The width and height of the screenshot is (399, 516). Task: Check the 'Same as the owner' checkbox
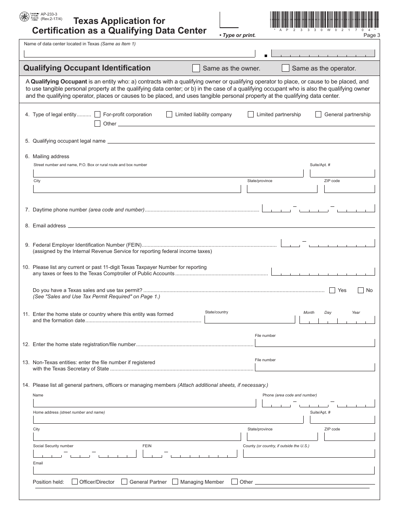pyautogui.click(x=196, y=68)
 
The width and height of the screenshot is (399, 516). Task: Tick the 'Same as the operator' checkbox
pyautogui.click(x=286, y=68)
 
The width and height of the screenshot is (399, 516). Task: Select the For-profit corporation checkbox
pyautogui.click(x=97, y=114)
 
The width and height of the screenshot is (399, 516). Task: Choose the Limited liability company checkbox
pyautogui.click(x=169, y=114)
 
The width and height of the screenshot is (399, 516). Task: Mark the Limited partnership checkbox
pyautogui.click(x=251, y=114)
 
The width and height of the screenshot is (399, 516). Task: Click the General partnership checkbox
pyautogui.click(x=318, y=114)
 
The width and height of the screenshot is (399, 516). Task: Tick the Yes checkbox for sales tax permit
pyautogui.click(x=332, y=290)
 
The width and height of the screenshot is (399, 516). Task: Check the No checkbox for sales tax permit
pyautogui.click(x=360, y=290)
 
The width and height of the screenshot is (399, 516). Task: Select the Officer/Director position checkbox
pyautogui.click(x=75, y=482)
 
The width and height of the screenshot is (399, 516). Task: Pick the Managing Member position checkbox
pyautogui.click(x=175, y=482)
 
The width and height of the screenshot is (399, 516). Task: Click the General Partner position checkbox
pyautogui.click(x=124, y=482)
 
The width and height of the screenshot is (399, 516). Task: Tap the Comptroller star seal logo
pyautogui.click(x=24, y=17)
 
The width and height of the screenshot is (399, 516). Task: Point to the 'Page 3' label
pyautogui.click(x=371, y=35)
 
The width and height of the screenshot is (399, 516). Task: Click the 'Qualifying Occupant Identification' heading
pyautogui.click(x=87, y=68)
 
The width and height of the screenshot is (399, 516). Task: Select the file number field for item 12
pyautogui.click(x=315, y=343)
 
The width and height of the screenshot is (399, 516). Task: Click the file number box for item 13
pyautogui.click(x=315, y=367)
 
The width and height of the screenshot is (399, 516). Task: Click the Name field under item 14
pyautogui.click(x=144, y=403)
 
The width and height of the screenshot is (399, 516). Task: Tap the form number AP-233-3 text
pyautogui.click(x=49, y=14)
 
